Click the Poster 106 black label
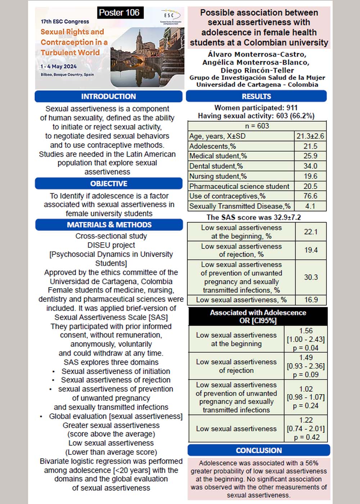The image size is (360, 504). coord(119,13)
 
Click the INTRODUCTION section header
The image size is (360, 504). coord(108,96)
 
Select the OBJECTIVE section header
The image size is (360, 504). coord(108,184)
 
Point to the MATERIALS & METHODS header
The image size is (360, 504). coord(109,225)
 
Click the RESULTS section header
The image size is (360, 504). coord(256,96)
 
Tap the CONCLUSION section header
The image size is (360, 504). coord(259,450)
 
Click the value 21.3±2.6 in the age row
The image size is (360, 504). coord(310,136)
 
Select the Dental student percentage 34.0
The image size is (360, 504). coord(310,166)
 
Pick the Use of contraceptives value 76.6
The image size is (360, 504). coord(310,196)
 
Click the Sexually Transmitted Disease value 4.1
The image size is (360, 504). coord(310,206)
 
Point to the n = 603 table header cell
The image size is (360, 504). coord(257,126)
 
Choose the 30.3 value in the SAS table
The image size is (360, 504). coord(311,277)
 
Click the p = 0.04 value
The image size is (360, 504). coord(306,348)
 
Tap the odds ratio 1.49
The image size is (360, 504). coord(306,357)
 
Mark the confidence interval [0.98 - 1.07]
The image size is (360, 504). coord(306,397)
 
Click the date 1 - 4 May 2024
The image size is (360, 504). coord(59,66)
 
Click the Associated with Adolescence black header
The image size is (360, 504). coord(258,316)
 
